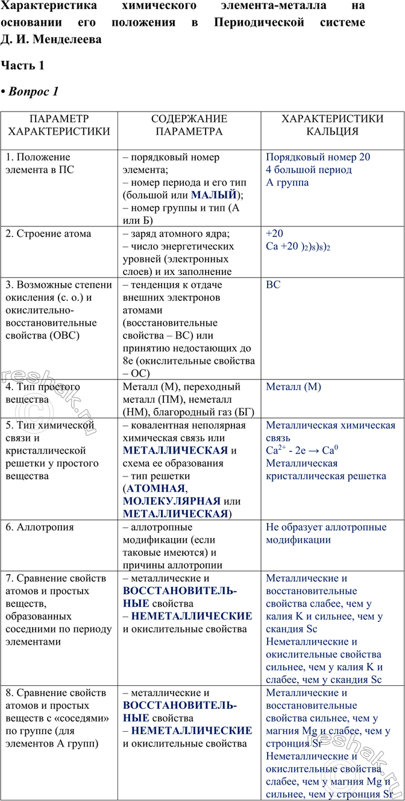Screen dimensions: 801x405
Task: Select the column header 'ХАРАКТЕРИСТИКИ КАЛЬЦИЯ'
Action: pos(332,125)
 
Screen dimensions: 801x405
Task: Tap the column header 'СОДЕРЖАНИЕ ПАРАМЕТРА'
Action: pos(189,125)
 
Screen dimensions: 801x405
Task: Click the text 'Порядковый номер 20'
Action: pos(318,157)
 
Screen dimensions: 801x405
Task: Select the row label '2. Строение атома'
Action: pos(48,233)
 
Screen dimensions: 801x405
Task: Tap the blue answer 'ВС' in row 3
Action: pos(273,284)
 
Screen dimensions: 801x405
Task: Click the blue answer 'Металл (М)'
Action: pos(294,387)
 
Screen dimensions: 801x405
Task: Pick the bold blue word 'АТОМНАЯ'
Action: pos(155,489)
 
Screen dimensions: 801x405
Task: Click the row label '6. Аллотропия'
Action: pos(40,527)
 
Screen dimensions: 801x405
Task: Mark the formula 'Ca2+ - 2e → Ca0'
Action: pos(301,451)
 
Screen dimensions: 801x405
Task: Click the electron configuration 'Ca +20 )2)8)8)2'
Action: pos(298,247)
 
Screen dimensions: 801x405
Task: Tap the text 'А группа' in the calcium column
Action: pos(287,182)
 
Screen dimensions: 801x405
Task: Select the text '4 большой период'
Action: pos(309,169)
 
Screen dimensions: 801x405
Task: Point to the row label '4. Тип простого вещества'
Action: pos(42,393)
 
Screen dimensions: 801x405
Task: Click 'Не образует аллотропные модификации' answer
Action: pos(326,534)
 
